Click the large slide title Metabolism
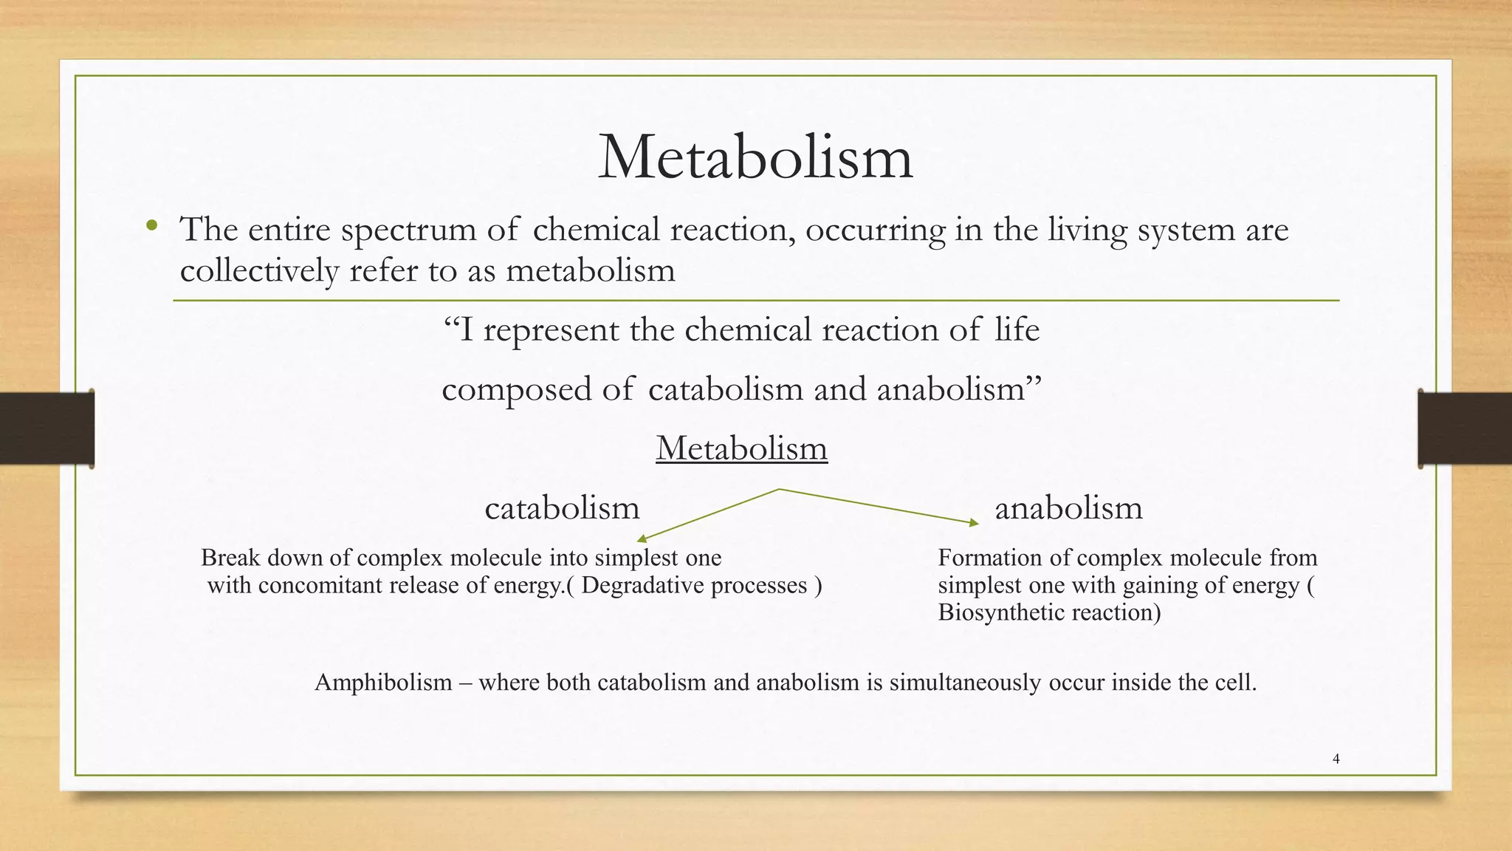pos(755,157)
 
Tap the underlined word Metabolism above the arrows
pos(741,448)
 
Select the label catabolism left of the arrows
pos(562,508)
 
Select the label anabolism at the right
pos(1068,508)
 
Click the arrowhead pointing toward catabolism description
pos(642,539)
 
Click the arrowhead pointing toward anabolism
pos(974,523)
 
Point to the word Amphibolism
pos(383,682)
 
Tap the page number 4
pos(1336,759)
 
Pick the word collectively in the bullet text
pos(258,270)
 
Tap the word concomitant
pos(320,586)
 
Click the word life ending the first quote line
pos(1017,329)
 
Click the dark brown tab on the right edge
pos(1465,428)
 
